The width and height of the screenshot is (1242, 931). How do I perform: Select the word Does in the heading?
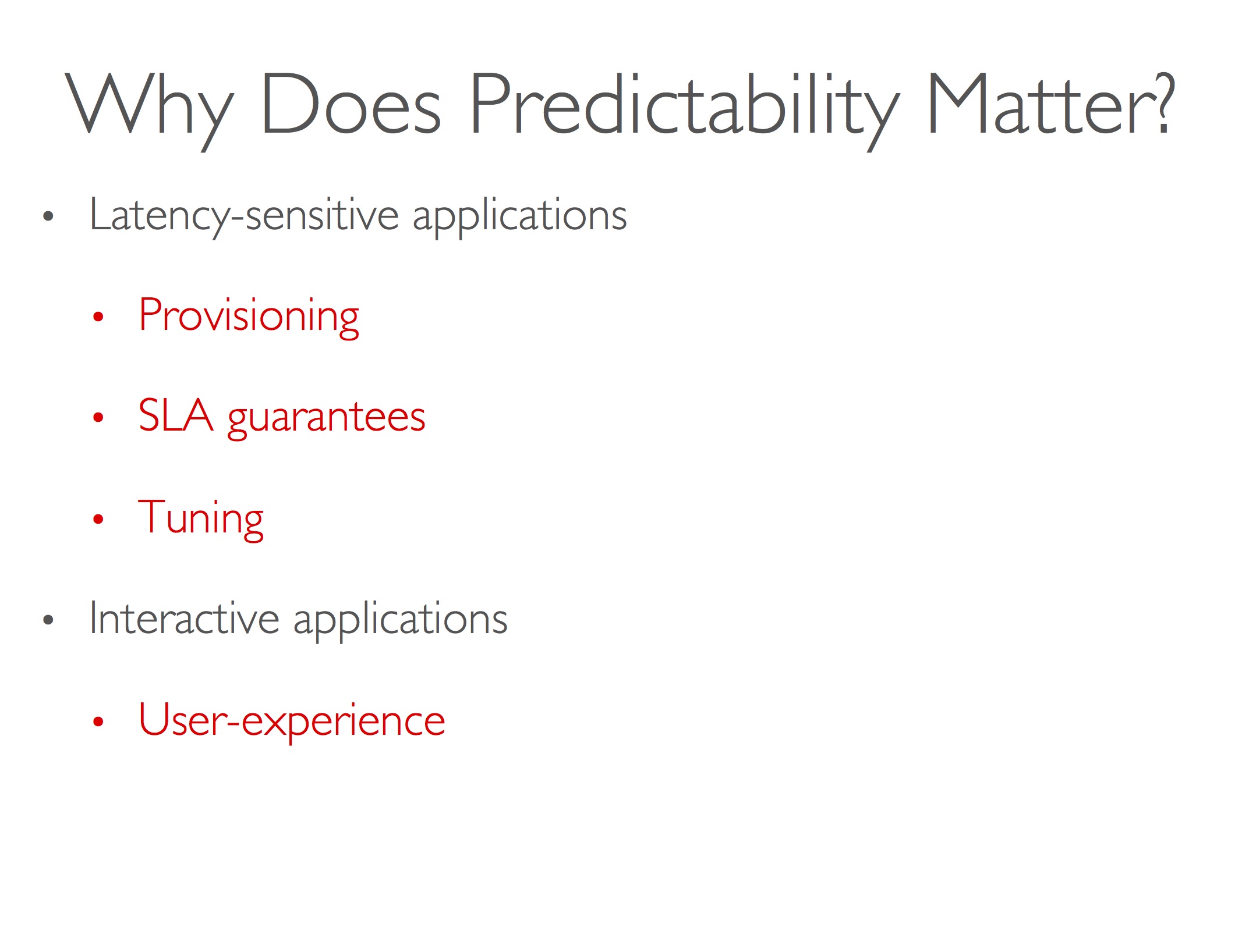[x=351, y=104]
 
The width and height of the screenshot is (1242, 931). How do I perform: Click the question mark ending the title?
[x=1165, y=103]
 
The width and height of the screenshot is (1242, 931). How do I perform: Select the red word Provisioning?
[x=249, y=317]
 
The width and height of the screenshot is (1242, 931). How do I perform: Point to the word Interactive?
[x=184, y=618]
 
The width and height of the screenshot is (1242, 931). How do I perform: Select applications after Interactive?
[x=401, y=620]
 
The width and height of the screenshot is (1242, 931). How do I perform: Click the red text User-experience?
[x=292, y=721]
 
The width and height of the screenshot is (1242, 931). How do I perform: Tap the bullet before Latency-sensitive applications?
[x=48, y=216]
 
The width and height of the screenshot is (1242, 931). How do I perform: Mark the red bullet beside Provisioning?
[x=98, y=317]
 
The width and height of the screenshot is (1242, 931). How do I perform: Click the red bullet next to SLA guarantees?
[x=98, y=417]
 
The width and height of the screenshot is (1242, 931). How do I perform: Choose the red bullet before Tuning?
[x=98, y=519]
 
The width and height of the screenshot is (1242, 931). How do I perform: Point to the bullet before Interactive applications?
[x=48, y=620]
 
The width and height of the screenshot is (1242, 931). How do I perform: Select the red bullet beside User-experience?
[x=98, y=722]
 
